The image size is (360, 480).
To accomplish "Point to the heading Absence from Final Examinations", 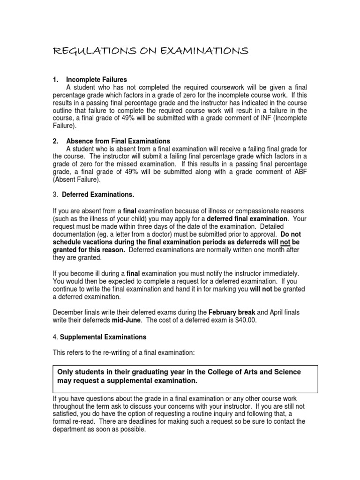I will [x=118, y=141].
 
